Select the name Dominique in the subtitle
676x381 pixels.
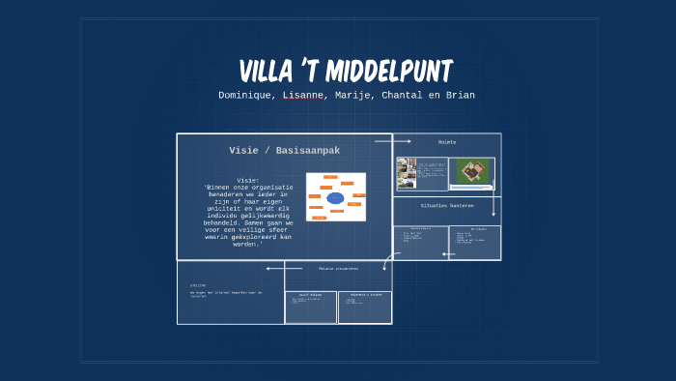tap(246, 95)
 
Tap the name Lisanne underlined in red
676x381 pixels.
tap(303, 95)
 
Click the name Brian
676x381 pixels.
tap(459, 95)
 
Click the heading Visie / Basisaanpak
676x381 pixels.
tap(284, 150)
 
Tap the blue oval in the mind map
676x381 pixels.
tap(335, 198)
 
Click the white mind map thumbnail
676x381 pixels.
tap(336, 196)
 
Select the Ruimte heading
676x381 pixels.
tap(446, 142)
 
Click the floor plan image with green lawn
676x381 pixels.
tap(471, 173)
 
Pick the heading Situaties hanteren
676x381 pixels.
tap(446, 205)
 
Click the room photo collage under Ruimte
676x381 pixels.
tap(407, 173)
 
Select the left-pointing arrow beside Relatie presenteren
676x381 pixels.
tap(273, 268)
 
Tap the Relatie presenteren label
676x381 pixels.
tap(338, 268)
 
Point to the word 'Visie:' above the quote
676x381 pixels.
tap(248, 180)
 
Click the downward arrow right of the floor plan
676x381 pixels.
tap(493, 206)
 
